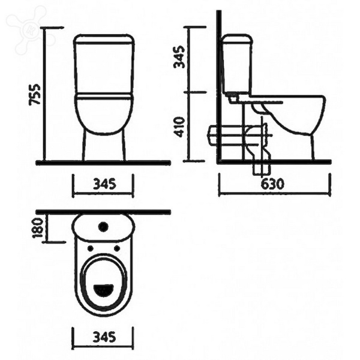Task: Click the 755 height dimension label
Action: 35,95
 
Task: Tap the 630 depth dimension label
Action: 273,184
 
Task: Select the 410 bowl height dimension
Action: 179,127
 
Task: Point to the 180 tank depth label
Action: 38,228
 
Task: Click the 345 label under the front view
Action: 104,184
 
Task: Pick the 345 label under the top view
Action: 104,337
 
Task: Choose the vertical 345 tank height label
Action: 179,57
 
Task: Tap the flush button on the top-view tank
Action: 103,227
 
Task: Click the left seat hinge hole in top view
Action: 91,248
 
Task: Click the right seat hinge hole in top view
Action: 117,248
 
